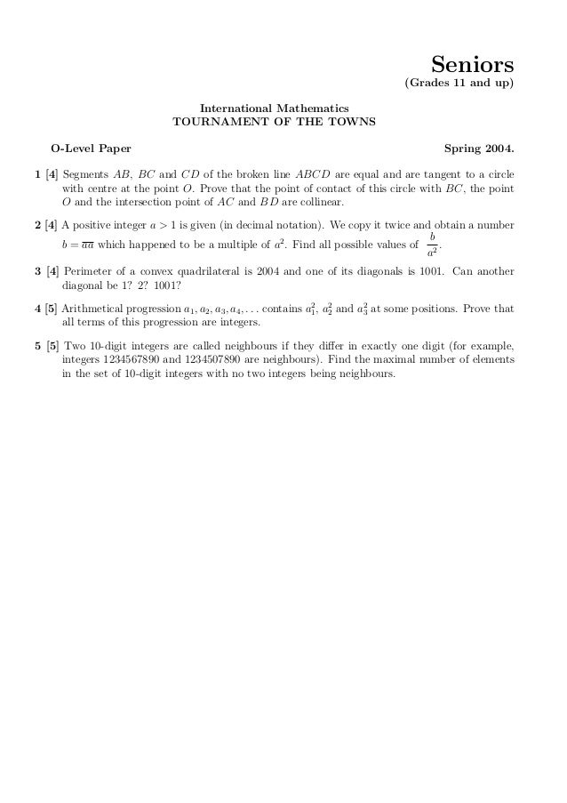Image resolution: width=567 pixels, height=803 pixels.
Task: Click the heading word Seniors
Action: [x=473, y=65]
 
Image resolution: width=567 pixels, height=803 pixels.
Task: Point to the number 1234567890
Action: [x=137, y=361]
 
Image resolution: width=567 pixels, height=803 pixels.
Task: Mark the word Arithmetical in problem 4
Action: [x=92, y=309]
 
